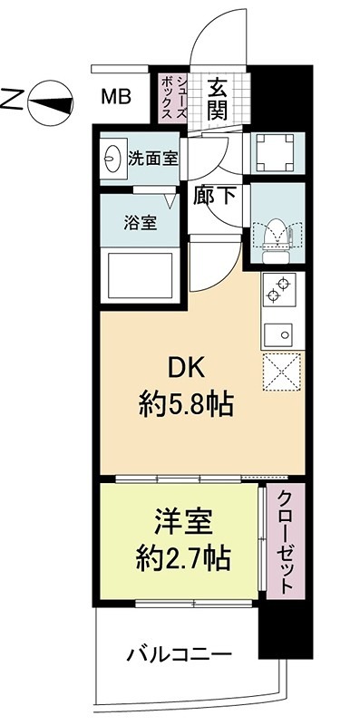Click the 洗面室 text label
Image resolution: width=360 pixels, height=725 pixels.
point(152,157)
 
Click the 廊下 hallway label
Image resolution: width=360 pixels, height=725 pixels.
point(216,193)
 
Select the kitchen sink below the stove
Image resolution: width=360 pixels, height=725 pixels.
point(281,333)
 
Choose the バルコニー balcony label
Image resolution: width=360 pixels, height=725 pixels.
point(178,652)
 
